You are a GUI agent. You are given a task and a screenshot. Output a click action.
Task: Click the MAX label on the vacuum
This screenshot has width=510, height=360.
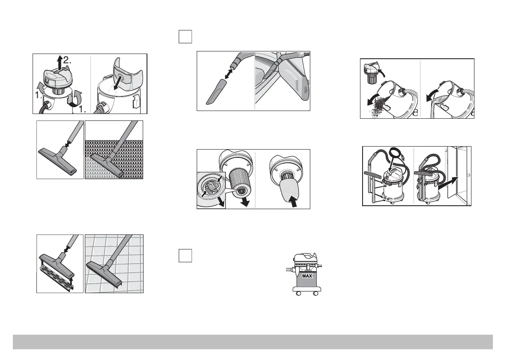coord(307,276)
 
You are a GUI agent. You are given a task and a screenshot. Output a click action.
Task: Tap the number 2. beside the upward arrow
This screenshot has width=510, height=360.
coord(67,60)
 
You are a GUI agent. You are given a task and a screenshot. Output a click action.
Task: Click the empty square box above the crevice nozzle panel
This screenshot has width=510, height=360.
coord(185,37)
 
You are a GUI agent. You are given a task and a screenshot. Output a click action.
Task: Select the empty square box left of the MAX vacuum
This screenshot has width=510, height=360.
coord(185,255)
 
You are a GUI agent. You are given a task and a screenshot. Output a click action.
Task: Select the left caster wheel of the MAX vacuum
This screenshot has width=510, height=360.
coord(297,294)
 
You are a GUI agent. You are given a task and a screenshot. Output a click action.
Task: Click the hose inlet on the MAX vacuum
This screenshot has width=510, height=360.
coord(289,270)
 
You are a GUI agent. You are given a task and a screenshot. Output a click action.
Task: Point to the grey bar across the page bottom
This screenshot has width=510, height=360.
coord(253,342)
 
